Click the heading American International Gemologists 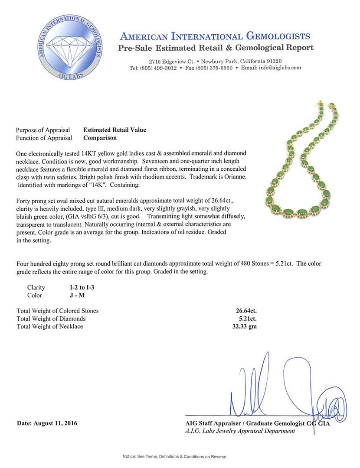215,36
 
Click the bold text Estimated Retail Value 115,130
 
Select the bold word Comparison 100,138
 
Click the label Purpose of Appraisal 43,130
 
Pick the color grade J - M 66,296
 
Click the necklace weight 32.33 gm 244,326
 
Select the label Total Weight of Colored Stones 57,311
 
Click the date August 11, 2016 47,423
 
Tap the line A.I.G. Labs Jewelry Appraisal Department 240,431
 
